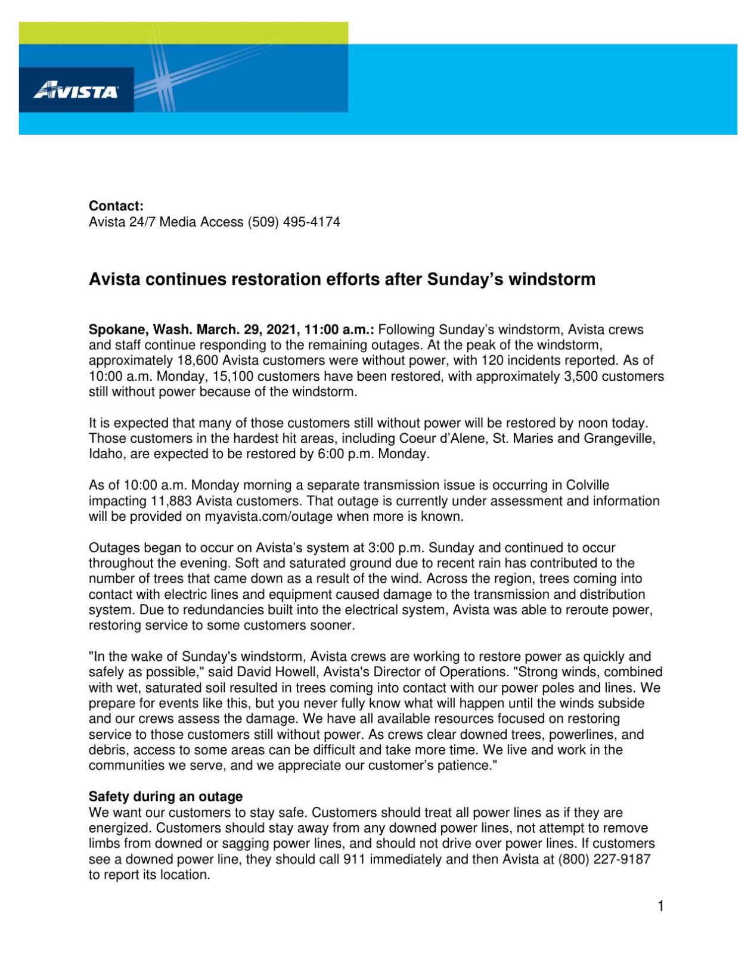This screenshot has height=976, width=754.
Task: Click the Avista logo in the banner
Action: click(76, 91)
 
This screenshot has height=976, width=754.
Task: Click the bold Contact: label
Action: click(116, 206)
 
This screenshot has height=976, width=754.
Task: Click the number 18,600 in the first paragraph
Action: click(197, 360)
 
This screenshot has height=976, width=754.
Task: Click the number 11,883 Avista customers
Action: click(170, 501)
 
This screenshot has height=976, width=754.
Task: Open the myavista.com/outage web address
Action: click(268, 517)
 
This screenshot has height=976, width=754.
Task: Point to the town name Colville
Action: click(588, 485)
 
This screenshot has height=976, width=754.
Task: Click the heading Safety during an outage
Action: click(166, 797)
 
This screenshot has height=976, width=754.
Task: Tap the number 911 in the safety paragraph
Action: click(354, 859)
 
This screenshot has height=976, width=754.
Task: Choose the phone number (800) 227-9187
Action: click(604, 859)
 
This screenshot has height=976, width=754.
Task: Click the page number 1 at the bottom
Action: click(660, 906)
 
